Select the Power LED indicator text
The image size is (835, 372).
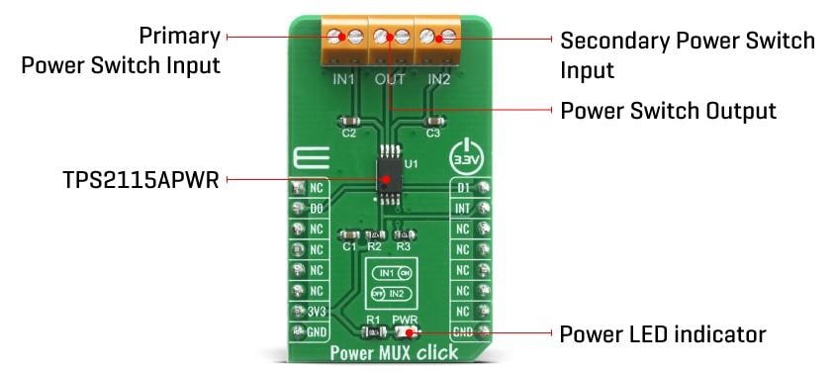pos(663,332)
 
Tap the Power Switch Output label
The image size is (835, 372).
pos(668,109)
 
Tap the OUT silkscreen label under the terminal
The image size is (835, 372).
pos(391,78)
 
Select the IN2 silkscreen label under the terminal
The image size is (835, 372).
pos(438,78)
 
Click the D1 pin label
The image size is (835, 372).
pos(463,187)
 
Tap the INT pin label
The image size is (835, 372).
pos(463,208)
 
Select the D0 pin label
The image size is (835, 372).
pos(316,208)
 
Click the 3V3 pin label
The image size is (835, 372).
pos(316,311)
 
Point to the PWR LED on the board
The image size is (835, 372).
pos(405,332)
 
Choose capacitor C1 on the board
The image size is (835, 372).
pos(348,234)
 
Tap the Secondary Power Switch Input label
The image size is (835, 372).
pos(687,55)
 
